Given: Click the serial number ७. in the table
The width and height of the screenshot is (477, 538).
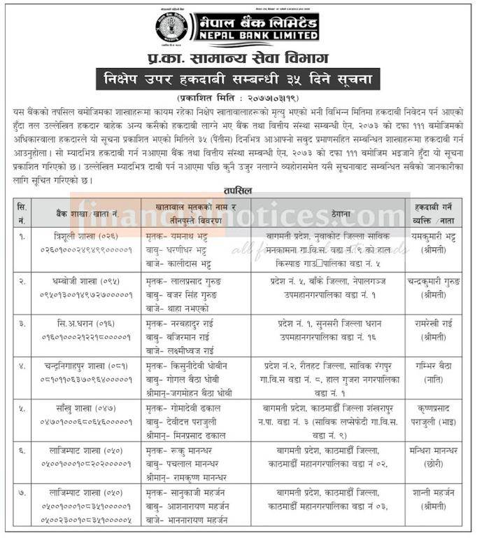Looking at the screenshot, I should tap(23, 495).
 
